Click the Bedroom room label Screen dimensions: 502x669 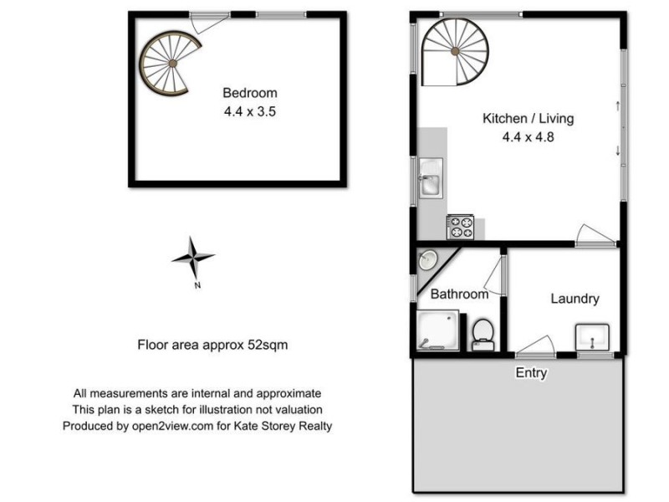(x=249, y=93)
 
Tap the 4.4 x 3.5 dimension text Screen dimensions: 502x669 (x=249, y=110)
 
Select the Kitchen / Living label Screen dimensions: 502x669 (x=529, y=118)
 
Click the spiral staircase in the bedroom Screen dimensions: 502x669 (x=171, y=63)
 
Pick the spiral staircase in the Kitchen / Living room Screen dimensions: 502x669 (x=454, y=54)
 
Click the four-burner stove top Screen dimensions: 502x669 (x=461, y=226)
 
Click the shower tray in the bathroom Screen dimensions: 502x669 (x=437, y=330)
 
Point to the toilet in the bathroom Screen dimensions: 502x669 (x=483, y=332)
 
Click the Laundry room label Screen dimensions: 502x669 (x=575, y=299)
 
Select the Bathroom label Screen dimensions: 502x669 (x=459, y=295)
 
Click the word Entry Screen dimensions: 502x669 (x=531, y=373)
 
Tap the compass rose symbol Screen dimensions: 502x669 (x=193, y=259)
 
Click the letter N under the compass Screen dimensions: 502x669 (x=197, y=286)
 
